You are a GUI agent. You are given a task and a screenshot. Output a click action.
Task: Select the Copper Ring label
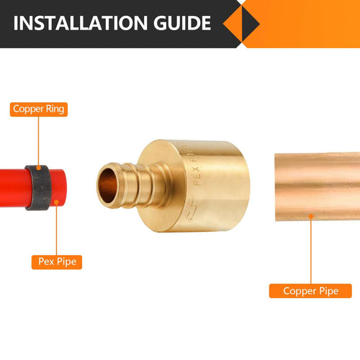40,110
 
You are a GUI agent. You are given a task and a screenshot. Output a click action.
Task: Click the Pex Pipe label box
56,262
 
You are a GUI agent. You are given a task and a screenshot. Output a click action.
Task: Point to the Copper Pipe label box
310,291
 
